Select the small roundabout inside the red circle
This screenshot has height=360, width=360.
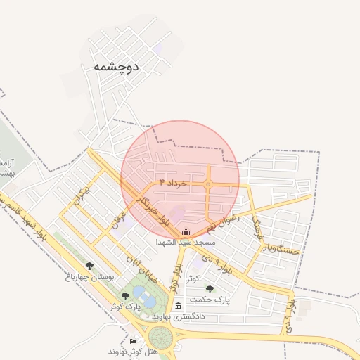point(209,184)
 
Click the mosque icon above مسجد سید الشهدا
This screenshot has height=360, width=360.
point(186,232)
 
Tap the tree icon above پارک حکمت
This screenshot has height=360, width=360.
point(210,289)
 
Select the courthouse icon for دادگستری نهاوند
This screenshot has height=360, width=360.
point(179,306)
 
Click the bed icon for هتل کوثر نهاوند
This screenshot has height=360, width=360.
point(134,341)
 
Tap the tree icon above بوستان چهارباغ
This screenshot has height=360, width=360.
point(89,266)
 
